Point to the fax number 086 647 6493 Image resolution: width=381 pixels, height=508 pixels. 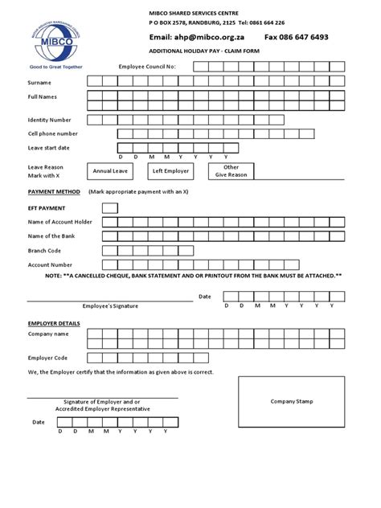click(x=296, y=37)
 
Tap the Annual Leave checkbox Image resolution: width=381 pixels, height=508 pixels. click(x=110, y=171)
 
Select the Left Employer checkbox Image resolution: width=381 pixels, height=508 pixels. click(x=170, y=171)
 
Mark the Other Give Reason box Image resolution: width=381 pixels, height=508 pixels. click(x=231, y=171)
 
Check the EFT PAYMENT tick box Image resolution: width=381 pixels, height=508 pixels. click(x=110, y=208)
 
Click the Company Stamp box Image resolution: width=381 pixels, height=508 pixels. click(x=291, y=401)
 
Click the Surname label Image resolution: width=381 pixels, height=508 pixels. click(x=40, y=81)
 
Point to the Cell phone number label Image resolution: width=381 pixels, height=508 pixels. click(x=53, y=133)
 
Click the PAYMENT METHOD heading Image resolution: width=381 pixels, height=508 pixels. click(x=54, y=192)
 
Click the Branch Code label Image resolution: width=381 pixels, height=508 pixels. click(x=45, y=250)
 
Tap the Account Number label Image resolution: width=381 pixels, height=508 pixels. click(x=51, y=264)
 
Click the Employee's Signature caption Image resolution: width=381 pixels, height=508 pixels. click(x=110, y=306)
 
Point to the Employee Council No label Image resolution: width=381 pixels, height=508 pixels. click(x=147, y=66)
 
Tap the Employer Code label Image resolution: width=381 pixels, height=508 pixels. click(x=48, y=357)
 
